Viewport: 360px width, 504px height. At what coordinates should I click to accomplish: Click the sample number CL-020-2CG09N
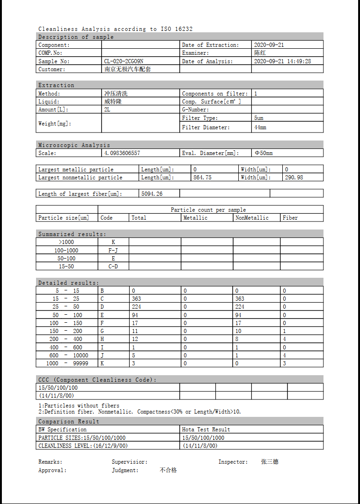click(x=124, y=61)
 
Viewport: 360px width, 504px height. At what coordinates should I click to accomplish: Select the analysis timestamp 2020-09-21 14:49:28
click(x=282, y=61)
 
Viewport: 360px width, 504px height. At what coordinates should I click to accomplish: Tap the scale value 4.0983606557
click(x=122, y=153)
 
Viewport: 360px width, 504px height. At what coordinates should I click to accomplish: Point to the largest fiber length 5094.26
click(x=152, y=193)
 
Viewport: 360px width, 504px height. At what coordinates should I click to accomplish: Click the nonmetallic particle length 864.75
click(x=202, y=178)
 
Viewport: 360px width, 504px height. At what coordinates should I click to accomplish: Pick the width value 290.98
click(x=294, y=178)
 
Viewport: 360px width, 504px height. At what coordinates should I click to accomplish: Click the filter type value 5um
click(x=258, y=118)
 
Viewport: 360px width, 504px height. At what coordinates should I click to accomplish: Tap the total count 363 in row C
click(x=136, y=299)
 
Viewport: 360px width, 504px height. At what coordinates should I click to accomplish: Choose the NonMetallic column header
click(x=252, y=218)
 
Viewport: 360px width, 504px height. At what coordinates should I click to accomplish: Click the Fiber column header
click(x=290, y=218)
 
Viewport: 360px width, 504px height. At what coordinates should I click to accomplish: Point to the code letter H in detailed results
click(x=102, y=339)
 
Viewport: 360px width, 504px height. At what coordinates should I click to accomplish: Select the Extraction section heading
click(x=56, y=85)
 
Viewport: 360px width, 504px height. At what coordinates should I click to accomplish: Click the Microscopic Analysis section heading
click(x=74, y=145)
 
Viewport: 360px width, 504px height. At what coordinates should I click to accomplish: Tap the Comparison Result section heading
click(x=69, y=422)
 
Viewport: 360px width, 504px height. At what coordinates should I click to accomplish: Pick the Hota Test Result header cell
click(x=206, y=430)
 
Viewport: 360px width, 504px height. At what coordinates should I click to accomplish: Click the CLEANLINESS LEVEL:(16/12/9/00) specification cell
click(x=83, y=446)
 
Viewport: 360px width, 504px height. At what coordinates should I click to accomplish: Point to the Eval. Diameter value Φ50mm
click(x=263, y=153)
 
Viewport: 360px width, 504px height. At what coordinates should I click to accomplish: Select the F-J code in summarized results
click(x=113, y=251)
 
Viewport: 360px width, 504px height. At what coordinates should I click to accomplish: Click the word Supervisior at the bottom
click(x=129, y=462)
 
